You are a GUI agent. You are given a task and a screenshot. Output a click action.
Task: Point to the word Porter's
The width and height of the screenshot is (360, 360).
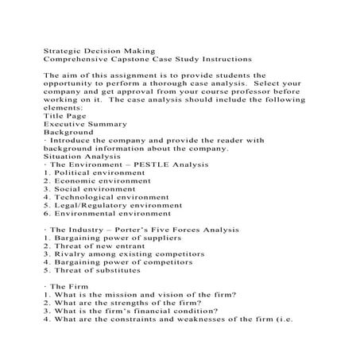pos(135,229)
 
